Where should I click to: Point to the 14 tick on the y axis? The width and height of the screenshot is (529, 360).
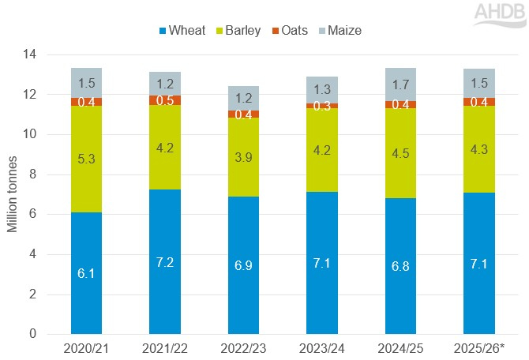(32, 54)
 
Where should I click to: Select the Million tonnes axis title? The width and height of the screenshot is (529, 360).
(12, 194)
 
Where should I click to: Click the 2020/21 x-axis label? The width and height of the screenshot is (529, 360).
(86, 348)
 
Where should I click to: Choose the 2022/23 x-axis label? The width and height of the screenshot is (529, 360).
(243, 348)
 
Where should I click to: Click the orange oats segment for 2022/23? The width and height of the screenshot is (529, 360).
(243, 114)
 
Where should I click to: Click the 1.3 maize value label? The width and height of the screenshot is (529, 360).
(322, 89)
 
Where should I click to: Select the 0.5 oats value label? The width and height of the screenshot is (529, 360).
(165, 100)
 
